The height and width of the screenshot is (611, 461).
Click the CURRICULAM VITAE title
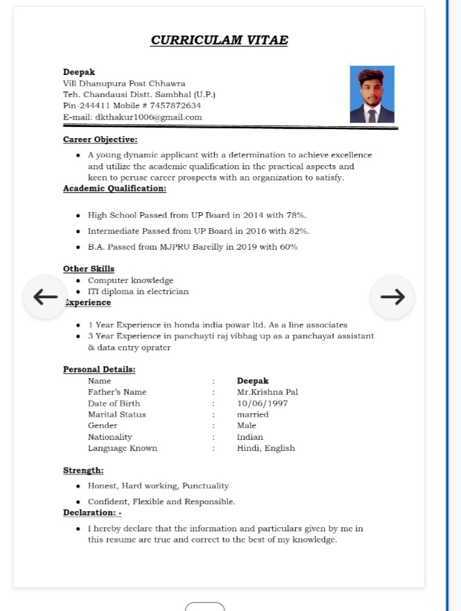coord(219,40)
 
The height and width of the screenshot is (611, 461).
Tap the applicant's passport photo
coord(372,94)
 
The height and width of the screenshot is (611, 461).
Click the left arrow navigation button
coord(46,297)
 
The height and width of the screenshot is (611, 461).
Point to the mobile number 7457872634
coord(175,105)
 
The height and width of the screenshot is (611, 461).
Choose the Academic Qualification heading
coord(114,188)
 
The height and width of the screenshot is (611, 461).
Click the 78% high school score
coord(297,215)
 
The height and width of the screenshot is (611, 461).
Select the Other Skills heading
coord(89,268)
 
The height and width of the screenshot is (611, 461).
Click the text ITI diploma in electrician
coord(138,291)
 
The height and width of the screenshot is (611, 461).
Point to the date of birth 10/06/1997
coord(262,403)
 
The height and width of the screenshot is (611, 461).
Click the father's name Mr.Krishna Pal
coord(267,392)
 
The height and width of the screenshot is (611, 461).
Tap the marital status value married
coord(252,414)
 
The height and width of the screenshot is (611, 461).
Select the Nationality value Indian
coord(250,437)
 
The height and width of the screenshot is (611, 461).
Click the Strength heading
coord(83,470)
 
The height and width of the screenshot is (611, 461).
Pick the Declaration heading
coord(92,513)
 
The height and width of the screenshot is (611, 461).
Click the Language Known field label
coord(122,448)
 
